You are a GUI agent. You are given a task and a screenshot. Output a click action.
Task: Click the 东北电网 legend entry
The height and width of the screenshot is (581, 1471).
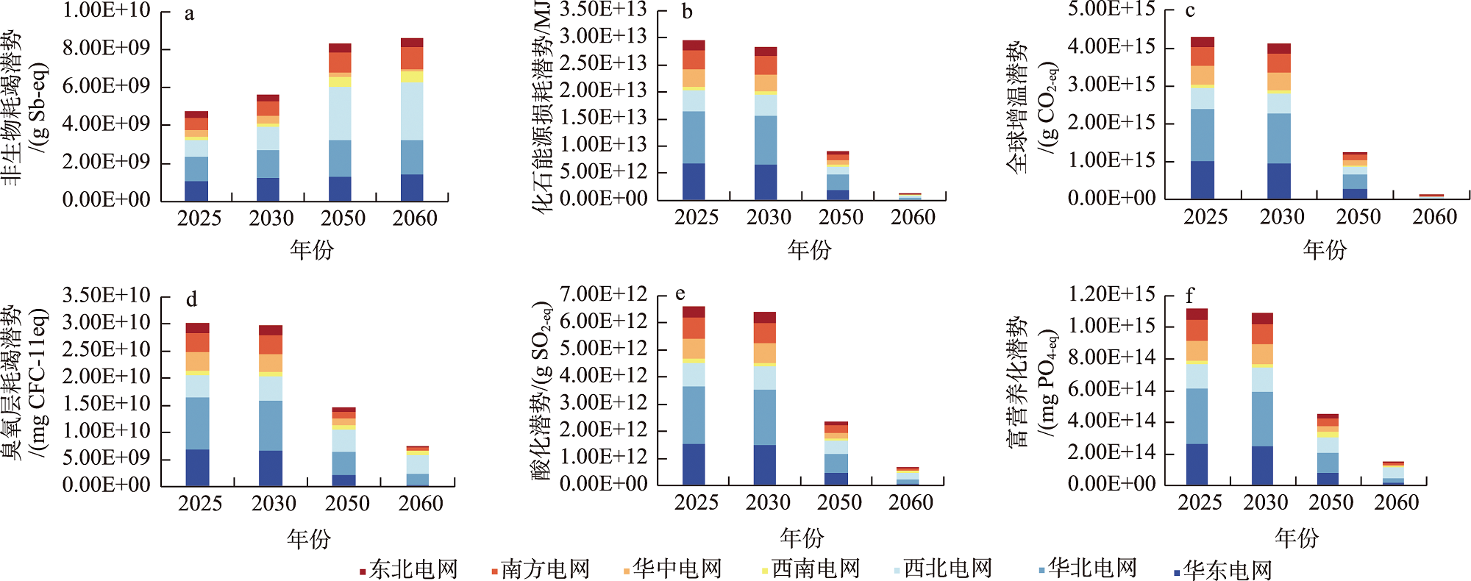[409, 569]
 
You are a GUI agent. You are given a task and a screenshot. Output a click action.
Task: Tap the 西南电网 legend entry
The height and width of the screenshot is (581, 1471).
[811, 569]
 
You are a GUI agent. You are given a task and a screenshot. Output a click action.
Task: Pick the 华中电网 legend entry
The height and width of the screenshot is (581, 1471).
[672, 569]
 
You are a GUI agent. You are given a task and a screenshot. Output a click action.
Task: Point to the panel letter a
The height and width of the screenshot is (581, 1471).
[189, 14]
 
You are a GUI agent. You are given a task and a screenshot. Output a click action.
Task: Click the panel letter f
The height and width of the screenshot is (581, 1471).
[1189, 296]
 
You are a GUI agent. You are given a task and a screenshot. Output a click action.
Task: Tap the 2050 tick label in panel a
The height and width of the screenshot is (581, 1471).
[343, 218]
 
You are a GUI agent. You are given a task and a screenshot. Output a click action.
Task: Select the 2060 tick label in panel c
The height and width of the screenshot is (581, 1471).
[1434, 217]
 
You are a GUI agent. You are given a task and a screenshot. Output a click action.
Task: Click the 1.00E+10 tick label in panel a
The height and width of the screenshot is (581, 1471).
[107, 10]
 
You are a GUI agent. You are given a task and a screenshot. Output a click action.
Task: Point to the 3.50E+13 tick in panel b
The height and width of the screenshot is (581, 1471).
[603, 10]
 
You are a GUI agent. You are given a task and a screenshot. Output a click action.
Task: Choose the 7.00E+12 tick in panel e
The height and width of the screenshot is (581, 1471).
[603, 294]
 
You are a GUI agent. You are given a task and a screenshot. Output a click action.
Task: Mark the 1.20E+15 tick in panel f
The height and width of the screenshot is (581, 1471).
[1111, 294]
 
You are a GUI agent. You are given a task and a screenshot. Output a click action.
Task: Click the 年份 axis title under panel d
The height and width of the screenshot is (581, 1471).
[309, 539]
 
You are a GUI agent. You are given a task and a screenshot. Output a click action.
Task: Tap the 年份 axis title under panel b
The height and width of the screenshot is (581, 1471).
[809, 250]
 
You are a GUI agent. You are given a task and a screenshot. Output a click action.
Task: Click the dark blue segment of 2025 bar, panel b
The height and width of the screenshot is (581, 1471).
[694, 181]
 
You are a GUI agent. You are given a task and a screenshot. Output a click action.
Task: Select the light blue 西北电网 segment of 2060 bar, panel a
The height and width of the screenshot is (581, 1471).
[412, 110]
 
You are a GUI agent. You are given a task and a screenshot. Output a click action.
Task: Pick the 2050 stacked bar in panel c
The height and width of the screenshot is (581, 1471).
[1355, 175]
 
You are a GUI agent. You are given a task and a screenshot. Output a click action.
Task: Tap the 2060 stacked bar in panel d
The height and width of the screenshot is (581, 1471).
[418, 466]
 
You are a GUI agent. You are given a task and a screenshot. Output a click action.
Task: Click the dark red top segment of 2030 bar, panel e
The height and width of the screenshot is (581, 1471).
[764, 318]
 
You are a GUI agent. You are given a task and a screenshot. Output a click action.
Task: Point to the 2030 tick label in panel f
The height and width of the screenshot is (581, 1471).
[1265, 502]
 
